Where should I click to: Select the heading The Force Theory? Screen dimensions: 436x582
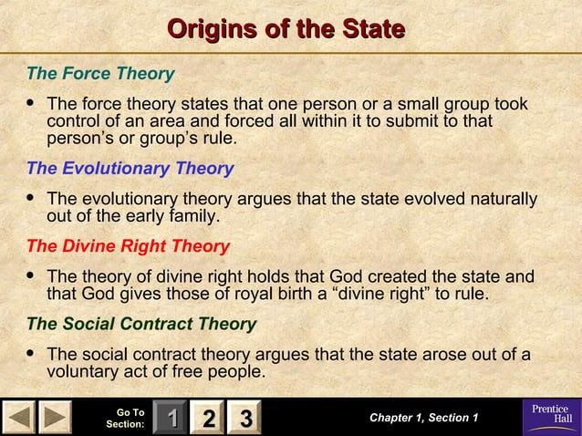(100, 72)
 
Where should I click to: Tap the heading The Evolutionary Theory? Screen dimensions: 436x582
(130, 169)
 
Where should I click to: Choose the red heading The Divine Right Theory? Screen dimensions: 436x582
(128, 246)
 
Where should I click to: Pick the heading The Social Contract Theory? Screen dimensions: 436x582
(141, 324)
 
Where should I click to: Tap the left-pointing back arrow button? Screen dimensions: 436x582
(19, 419)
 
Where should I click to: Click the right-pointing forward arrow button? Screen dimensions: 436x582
(55, 419)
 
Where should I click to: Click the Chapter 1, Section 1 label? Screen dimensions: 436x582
(423, 418)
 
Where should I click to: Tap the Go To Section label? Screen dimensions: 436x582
(126, 419)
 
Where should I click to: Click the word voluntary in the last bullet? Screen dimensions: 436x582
(84, 372)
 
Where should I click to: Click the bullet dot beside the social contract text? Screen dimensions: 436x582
(33, 353)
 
